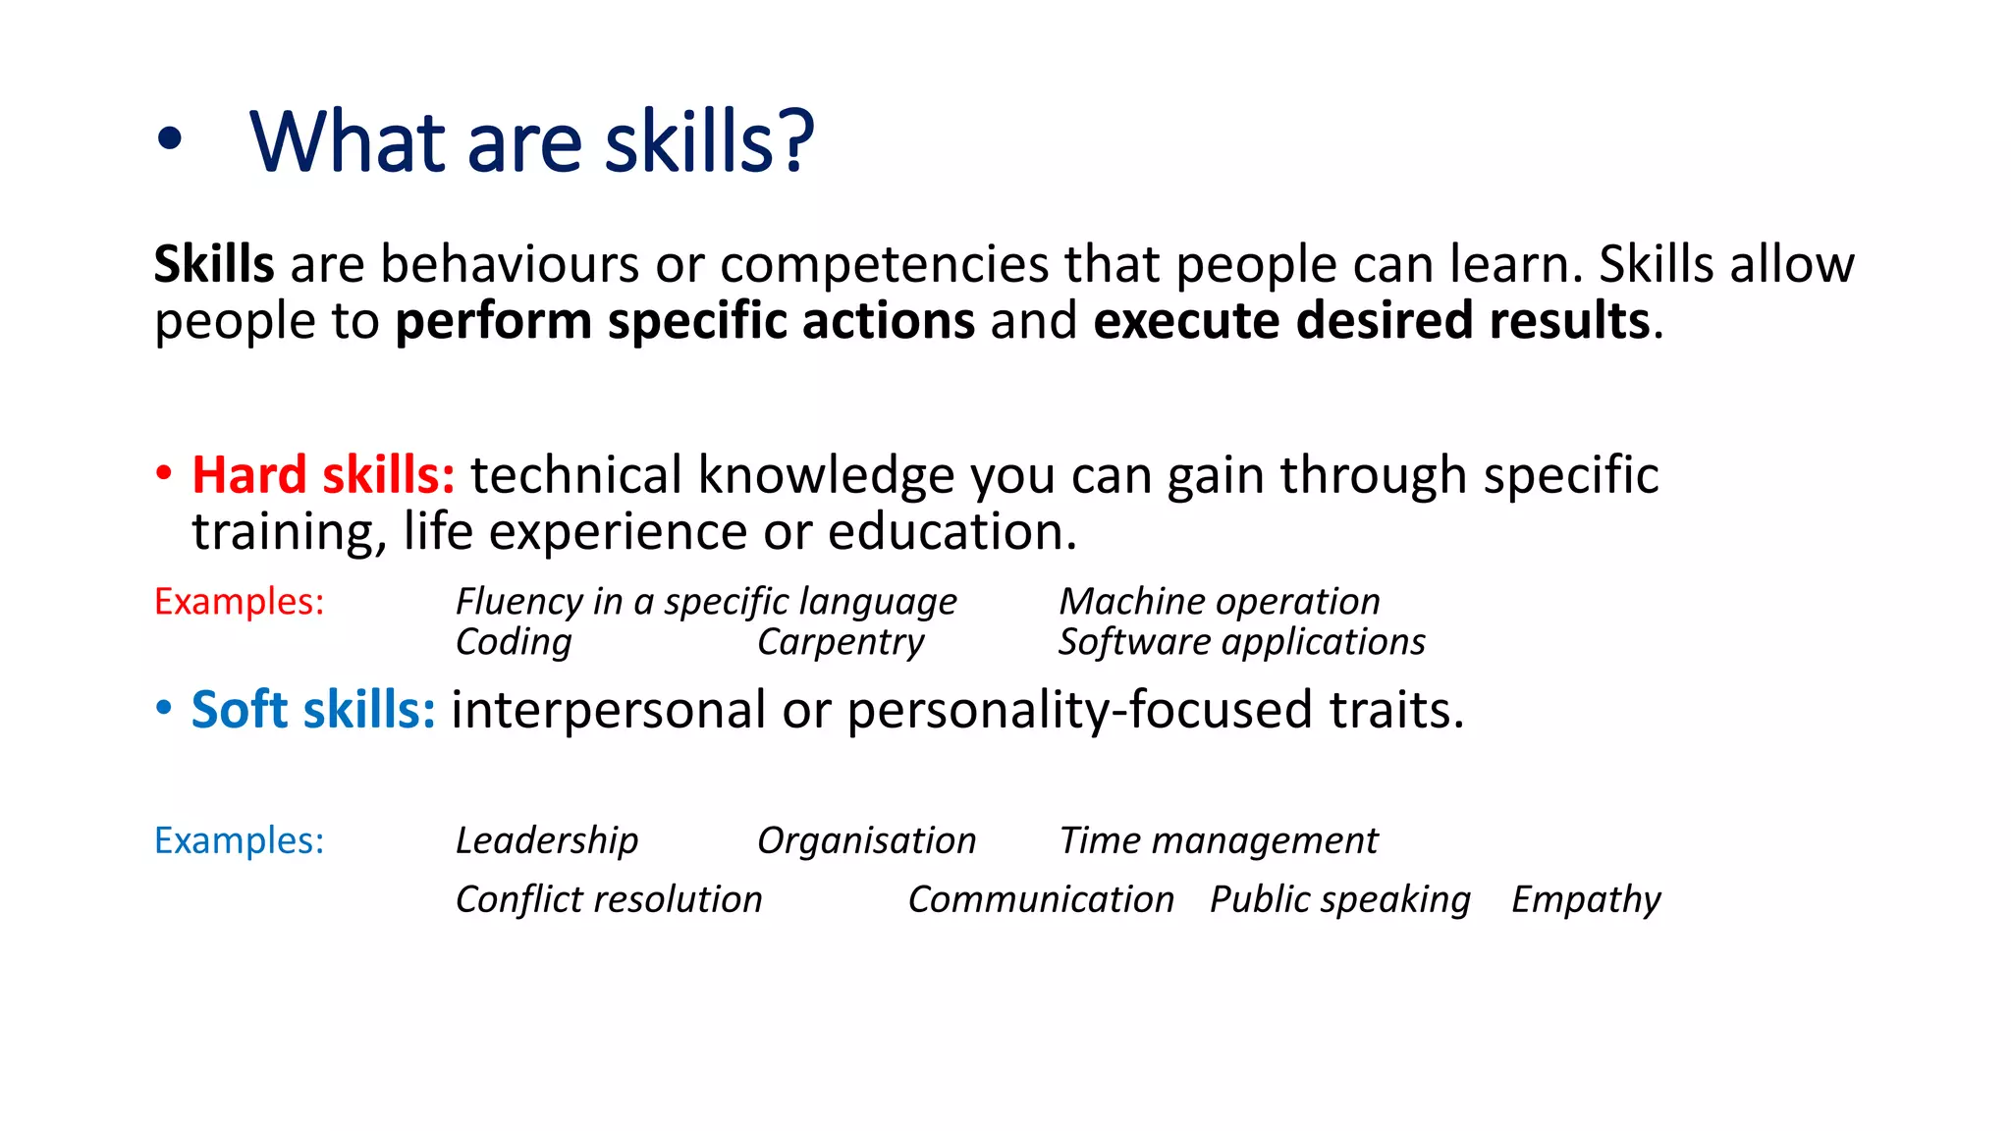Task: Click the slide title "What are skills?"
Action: (x=531, y=142)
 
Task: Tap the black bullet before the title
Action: (x=169, y=139)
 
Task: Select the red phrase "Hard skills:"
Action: (x=323, y=475)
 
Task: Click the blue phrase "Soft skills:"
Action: (x=313, y=709)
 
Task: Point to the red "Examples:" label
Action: (x=239, y=602)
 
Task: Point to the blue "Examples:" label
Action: (x=239, y=841)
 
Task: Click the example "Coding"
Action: (x=514, y=642)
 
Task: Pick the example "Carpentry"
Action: (x=841, y=642)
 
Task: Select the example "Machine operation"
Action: (x=1219, y=602)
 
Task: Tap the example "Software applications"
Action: (x=1241, y=642)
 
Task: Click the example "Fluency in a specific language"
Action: (x=706, y=602)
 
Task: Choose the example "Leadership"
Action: (x=547, y=841)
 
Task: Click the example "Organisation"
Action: (x=866, y=841)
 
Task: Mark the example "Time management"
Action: (x=1219, y=841)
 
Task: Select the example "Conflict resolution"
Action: (x=609, y=899)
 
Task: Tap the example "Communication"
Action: (x=1041, y=899)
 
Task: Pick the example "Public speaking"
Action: (x=1340, y=899)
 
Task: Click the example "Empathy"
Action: (x=1586, y=899)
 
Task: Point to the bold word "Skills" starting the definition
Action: (x=214, y=264)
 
